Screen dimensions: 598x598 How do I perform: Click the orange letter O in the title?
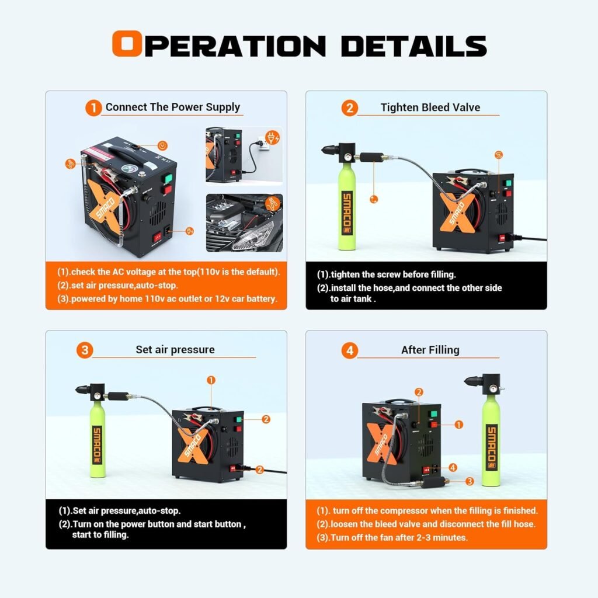(127, 45)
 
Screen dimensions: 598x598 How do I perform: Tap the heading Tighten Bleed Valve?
(430, 107)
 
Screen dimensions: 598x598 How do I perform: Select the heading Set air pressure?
(175, 350)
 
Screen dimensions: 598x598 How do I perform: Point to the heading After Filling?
(430, 350)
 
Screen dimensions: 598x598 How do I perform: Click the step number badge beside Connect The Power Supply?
(93, 108)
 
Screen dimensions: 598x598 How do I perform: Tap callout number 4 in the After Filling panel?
(453, 467)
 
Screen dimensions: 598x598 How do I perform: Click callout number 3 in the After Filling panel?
(469, 482)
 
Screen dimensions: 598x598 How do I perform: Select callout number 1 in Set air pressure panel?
(211, 380)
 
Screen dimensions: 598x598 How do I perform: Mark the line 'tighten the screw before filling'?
(387, 274)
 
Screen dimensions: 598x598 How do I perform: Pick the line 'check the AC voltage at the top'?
(168, 272)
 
